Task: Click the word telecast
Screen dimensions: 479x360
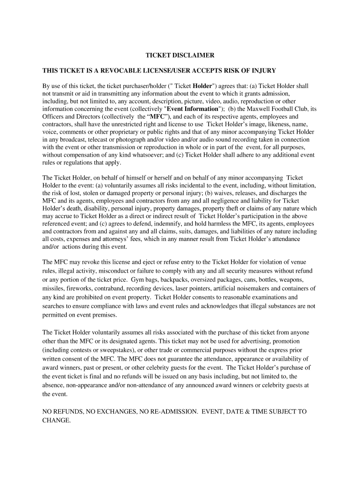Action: pyautogui.click(x=114, y=139)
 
